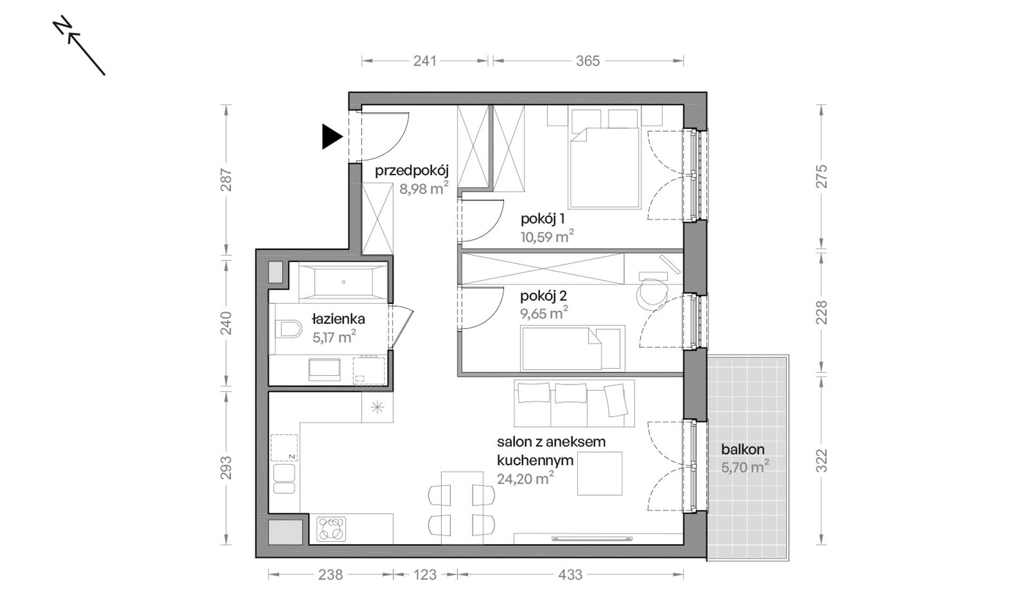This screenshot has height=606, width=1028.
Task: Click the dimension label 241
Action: click(425, 61)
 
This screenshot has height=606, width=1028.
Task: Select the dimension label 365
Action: click(588, 61)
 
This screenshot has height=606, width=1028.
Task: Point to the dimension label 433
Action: click(570, 575)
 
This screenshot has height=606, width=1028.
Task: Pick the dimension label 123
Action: click(425, 575)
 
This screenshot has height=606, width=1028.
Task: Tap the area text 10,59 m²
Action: click(547, 237)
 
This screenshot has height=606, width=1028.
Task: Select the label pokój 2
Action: click(543, 296)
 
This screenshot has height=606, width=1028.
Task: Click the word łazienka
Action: click(339, 319)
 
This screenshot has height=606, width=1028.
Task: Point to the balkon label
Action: click(742, 449)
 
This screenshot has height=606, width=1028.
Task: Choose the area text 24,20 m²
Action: click(525, 478)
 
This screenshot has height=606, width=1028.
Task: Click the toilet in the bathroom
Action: click(288, 328)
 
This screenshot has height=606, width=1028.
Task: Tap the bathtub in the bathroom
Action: click(342, 282)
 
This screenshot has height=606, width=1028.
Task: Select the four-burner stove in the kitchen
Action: click(331, 529)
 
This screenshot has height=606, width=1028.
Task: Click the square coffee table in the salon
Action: click(599, 473)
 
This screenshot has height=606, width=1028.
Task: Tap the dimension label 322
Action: click(821, 461)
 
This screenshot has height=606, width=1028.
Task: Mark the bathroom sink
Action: click(324, 369)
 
